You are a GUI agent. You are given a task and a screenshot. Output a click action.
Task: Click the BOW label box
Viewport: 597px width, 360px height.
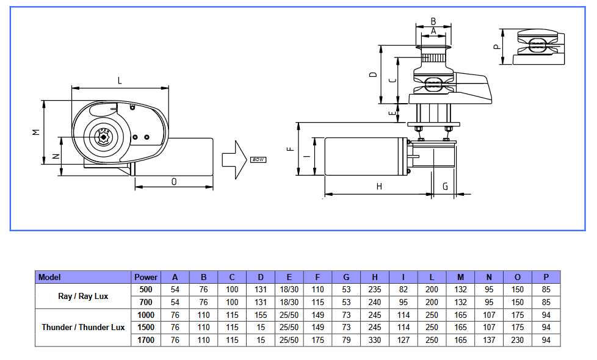pos(258,160)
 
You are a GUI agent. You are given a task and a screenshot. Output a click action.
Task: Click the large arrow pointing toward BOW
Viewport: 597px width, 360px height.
pos(233,159)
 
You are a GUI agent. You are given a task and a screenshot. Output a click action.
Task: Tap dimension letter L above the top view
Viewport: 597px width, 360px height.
pos(120,81)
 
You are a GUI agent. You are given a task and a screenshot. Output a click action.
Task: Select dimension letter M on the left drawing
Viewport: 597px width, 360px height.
pos(36,132)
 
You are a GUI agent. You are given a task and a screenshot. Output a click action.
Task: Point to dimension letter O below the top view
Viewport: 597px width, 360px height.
pos(174,181)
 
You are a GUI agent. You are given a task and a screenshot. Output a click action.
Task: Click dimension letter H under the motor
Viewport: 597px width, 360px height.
pos(378,187)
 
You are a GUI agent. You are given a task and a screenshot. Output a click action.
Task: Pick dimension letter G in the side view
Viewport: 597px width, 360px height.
pos(445,186)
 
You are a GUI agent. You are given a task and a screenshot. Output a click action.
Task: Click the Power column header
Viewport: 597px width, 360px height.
pos(146,277)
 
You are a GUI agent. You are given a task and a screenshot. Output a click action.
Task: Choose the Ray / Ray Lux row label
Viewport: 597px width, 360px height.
pos(84,296)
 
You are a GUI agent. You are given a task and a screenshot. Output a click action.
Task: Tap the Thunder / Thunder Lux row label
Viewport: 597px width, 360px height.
pos(83,328)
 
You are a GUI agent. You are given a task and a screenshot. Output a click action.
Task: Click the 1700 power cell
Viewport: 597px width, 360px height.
pos(146,340)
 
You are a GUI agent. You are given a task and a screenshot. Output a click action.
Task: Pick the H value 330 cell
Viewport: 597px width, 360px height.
pos(375,340)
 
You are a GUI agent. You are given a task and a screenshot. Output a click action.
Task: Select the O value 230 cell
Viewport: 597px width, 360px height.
pos(518,340)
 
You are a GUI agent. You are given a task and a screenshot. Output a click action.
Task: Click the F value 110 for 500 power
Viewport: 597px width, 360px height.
pos(318,289)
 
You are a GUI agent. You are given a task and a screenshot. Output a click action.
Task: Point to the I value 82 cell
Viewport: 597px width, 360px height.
pos(403,289)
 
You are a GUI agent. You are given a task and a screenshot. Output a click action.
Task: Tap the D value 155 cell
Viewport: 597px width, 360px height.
pos(261,315)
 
